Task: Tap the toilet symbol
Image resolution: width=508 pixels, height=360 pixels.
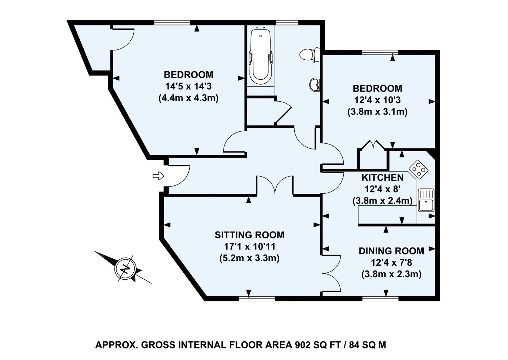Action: [309, 55]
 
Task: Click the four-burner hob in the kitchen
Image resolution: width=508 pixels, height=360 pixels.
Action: [419, 169]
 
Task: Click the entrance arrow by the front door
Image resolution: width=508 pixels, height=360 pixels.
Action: [158, 176]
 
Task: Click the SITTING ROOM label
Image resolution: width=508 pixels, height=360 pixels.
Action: [250, 235]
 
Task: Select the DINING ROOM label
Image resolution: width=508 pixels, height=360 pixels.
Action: [391, 251]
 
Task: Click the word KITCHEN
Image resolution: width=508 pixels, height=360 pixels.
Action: [382, 178]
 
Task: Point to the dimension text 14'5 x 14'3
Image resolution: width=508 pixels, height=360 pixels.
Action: [188, 86]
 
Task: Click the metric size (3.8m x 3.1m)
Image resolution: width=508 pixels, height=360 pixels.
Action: [377, 112]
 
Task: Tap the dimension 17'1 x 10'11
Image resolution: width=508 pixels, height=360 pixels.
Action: [250, 246]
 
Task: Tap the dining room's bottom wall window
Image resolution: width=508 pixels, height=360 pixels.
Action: [380, 299]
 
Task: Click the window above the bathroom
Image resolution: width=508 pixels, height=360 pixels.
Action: [287, 23]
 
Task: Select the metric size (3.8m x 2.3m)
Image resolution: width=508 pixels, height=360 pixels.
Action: [391, 274]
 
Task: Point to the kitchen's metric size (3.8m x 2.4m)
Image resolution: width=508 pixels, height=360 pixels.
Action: [382, 201]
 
